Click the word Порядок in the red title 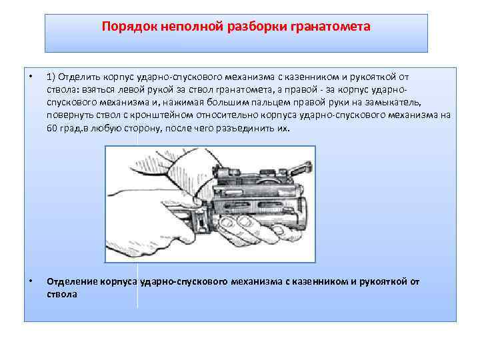pos(129,27)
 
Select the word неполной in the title pos(191,26)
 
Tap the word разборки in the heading pos(257,27)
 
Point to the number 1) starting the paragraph pos(51,77)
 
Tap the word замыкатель pos(393,103)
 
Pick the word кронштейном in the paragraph pos(161,115)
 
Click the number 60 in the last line pos(52,128)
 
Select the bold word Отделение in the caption pos(73,281)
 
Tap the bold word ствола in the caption pos(62,295)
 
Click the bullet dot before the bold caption pos(30,281)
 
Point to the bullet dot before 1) pos(30,76)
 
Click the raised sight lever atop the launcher pos(301,169)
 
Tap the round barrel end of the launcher pos(301,212)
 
